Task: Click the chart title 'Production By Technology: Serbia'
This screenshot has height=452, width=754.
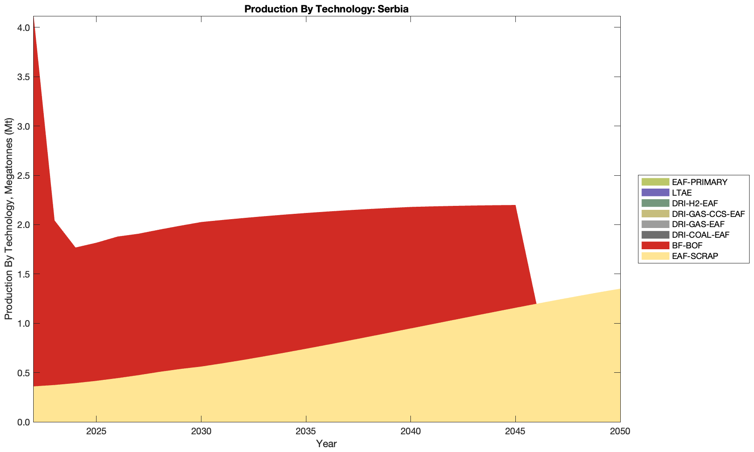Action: pyautogui.click(x=326, y=9)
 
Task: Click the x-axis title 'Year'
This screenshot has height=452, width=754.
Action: pyautogui.click(x=326, y=444)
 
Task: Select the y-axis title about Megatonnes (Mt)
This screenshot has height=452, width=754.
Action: pyautogui.click(x=9, y=219)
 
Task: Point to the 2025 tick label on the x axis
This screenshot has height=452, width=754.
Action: pyautogui.click(x=96, y=431)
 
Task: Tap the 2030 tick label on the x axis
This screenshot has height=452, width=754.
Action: pyautogui.click(x=201, y=431)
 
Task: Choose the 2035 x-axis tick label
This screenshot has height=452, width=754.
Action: pyautogui.click(x=306, y=431)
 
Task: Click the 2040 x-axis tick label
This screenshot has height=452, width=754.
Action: pyautogui.click(x=410, y=431)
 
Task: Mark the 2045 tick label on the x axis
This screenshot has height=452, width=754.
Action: pyautogui.click(x=515, y=431)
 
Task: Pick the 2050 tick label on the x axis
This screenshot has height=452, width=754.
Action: pyautogui.click(x=620, y=431)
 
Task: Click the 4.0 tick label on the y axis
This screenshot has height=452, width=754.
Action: pyautogui.click(x=24, y=27)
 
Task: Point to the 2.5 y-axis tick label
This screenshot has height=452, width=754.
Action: pyautogui.click(x=24, y=176)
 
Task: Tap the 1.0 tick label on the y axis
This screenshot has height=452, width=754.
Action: pyautogui.click(x=24, y=324)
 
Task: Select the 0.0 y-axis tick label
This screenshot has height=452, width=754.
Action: pyautogui.click(x=24, y=422)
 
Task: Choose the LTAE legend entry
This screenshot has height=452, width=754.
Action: pyautogui.click(x=681, y=193)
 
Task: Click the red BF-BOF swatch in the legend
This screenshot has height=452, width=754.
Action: pyautogui.click(x=654, y=245)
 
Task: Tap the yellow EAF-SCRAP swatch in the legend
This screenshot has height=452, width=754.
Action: pyautogui.click(x=654, y=256)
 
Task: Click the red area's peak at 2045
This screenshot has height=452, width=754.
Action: pyautogui.click(x=515, y=206)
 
